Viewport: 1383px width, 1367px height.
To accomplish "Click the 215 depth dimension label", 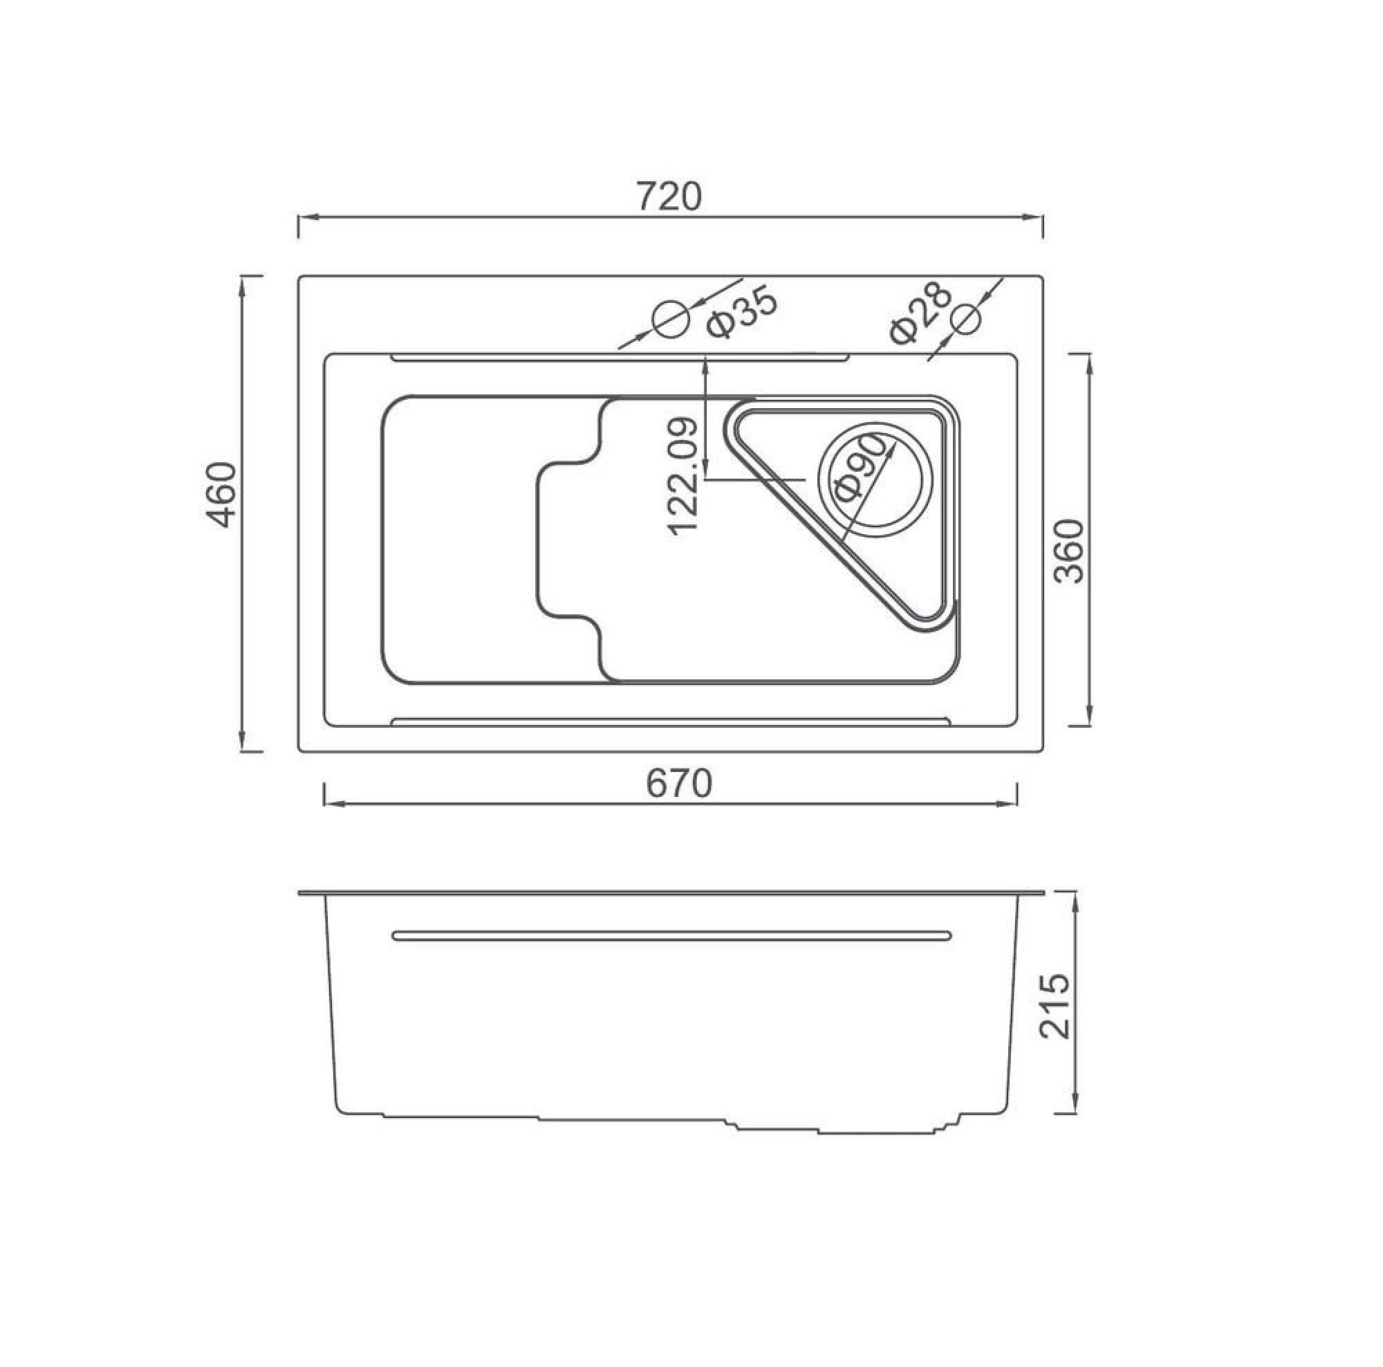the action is click(1053, 1005).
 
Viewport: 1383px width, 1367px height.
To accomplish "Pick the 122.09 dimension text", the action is click(683, 476).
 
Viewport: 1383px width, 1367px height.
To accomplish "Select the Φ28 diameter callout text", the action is click(920, 312).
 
